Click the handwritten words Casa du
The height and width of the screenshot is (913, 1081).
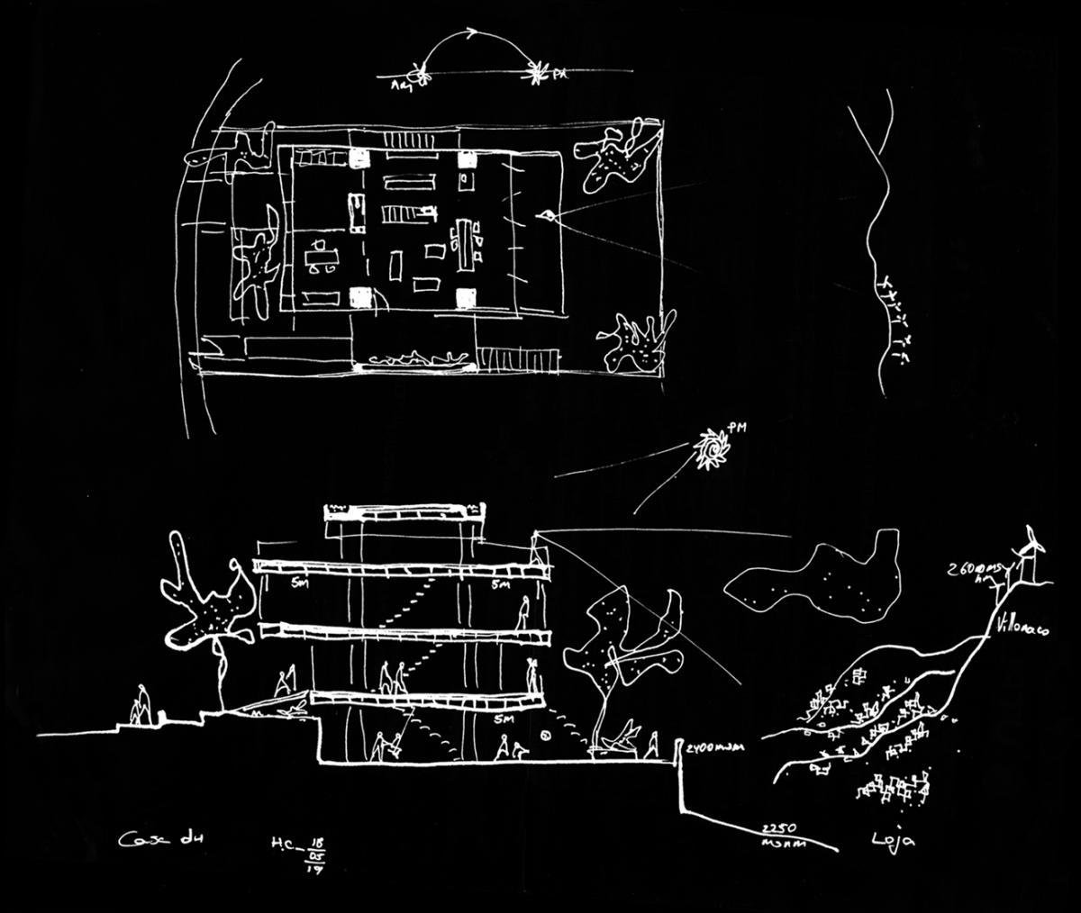click(151, 841)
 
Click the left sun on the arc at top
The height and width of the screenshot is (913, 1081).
click(418, 72)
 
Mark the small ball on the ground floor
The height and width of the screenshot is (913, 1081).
click(546, 738)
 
